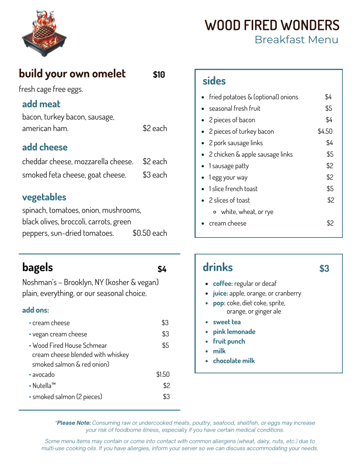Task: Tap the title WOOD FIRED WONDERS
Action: pyautogui.click(x=272, y=25)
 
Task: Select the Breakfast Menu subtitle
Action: pyautogui.click(x=296, y=40)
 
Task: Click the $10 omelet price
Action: pyautogui.click(x=159, y=75)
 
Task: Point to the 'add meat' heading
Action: pyautogui.click(x=41, y=104)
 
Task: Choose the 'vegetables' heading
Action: pyautogui.click(x=44, y=197)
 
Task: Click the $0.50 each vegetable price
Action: pyautogui.click(x=150, y=233)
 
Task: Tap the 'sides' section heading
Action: pyautogui.click(x=214, y=81)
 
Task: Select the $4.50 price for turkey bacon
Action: pyautogui.click(x=325, y=132)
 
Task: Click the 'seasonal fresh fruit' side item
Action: pyautogui.click(x=235, y=109)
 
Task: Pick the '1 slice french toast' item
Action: pyautogui.click(x=233, y=189)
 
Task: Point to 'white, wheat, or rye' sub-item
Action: pyautogui.click(x=247, y=212)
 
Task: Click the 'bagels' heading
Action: pyautogui.click(x=37, y=267)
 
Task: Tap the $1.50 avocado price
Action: pyautogui.click(x=162, y=375)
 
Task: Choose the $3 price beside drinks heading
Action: pyautogui.click(x=324, y=269)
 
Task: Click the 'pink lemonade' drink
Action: pyautogui.click(x=234, y=332)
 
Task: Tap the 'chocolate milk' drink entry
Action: pyautogui.click(x=234, y=361)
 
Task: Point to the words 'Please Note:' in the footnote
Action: pyautogui.click(x=73, y=423)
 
